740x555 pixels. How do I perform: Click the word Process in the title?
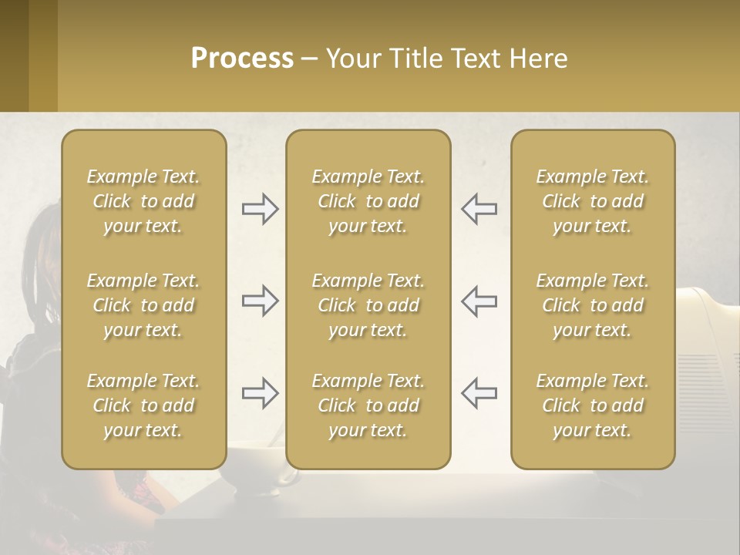pos(242,59)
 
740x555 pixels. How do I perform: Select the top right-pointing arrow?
pos(260,209)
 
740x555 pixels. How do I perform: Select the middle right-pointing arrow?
pos(260,301)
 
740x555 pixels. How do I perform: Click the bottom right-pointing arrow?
pos(260,393)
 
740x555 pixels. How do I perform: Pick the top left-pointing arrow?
pos(479,209)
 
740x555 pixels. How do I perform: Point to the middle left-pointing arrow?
pos(479,301)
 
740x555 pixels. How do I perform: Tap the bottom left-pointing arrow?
pos(479,393)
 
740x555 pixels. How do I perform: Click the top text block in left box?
pos(143,201)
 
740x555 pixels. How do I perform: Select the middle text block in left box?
pos(143,305)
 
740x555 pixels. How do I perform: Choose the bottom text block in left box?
pos(143,405)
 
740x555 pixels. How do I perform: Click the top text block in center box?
pos(368,201)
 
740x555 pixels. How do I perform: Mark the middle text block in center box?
pos(368,305)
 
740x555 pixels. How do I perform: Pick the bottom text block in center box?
pos(368,405)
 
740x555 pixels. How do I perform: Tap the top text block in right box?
pos(592,201)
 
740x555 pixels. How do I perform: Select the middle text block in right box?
pos(592,305)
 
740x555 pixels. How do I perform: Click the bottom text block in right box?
pos(592,405)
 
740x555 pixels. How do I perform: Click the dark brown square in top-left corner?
pos(14,55)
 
